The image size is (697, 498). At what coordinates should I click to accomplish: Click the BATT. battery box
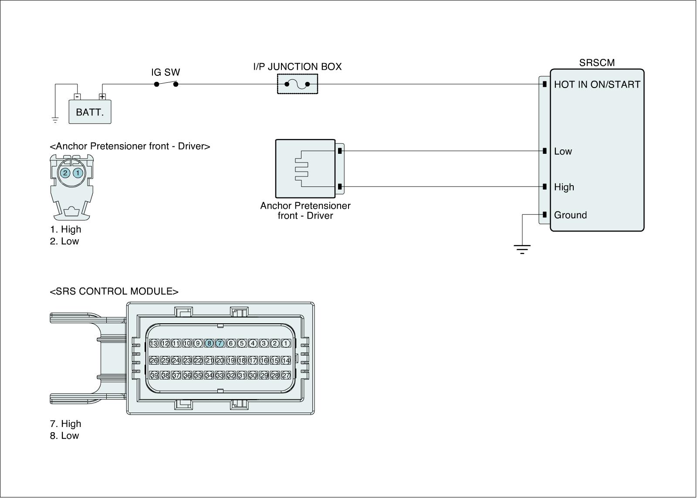pyautogui.click(x=90, y=112)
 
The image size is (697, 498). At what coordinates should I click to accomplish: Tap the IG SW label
pyautogui.click(x=166, y=72)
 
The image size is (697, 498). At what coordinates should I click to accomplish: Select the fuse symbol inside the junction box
pyautogui.click(x=297, y=84)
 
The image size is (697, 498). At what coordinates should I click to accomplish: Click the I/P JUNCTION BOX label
pyautogui.click(x=298, y=67)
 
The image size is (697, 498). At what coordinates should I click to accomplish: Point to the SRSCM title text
pyautogui.click(x=597, y=63)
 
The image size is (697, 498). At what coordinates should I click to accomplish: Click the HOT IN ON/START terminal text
pyautogui.click(x=597, y=85)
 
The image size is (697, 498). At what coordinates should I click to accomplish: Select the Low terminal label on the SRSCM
pyautogui.click(x=563, y=152)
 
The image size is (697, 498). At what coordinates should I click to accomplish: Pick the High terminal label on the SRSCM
pyautogui.click(x=564, y=187)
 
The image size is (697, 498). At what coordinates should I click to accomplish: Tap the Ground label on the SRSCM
pyautogui.click(x=570, y=215)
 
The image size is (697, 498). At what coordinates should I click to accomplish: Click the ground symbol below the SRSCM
pyautogui.click(x=522, y=249)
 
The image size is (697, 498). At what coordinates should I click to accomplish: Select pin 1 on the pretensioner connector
pyautogui.click(x=78, y=173)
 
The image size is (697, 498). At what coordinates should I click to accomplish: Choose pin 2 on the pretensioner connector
pyautogui.click(x=65, y=173)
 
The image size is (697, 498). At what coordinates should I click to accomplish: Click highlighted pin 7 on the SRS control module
pyautogui.click(x=220, y=343)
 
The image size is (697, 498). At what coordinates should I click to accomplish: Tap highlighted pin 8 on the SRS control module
pyautogui.click(x=209, y=343)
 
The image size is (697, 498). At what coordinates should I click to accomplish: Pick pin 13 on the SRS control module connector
pyautogui.click(x=154, y=343)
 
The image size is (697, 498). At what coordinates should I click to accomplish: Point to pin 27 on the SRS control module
pyautogui.click(x=286, y=375)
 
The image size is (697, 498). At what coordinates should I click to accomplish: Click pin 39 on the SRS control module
pyautogui.click(x=154, y=375)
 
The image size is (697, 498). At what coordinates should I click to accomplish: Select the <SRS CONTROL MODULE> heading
pyautogui.click(x=114, y=291)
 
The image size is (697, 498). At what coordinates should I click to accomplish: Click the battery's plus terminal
pyautogui.click(x=102, y=97)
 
